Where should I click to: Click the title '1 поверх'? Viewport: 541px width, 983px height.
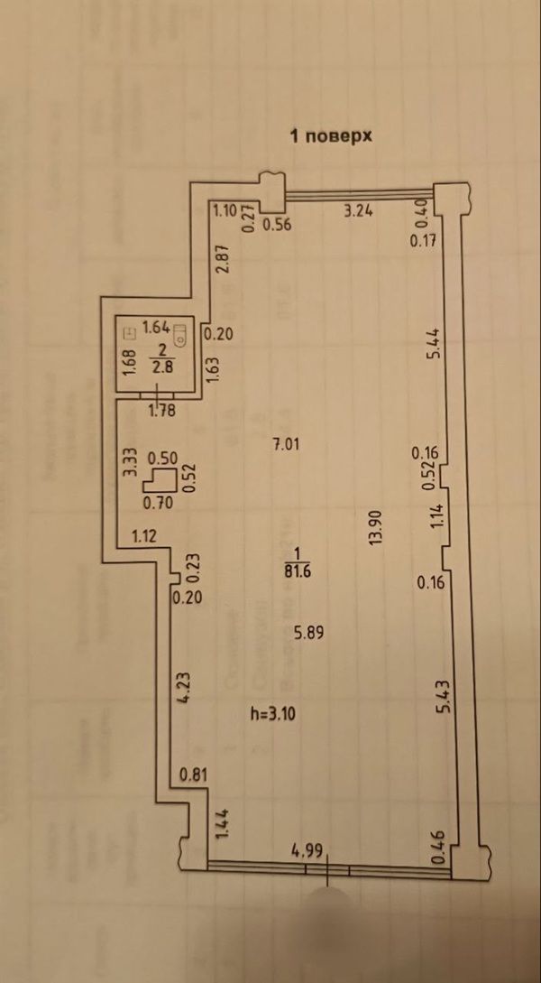coord(331,136)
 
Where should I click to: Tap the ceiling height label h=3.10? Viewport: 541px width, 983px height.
coord(272,712)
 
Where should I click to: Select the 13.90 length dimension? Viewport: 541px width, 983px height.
coord(375,527)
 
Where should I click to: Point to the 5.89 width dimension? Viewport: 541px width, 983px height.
coord(308,633)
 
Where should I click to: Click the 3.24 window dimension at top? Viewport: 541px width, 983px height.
coord(359,211)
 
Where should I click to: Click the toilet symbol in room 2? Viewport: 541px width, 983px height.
coord(180,334)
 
